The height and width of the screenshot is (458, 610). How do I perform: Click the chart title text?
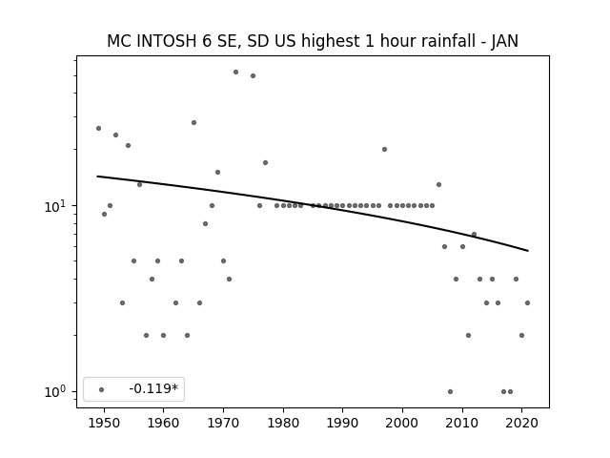click(x=313, y=41)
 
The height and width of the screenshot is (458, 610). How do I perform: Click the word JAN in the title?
click(x=504, y=41)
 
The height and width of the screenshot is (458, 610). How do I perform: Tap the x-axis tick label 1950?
click(x=104, y=423)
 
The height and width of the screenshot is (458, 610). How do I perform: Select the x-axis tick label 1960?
click(x=163, y=423)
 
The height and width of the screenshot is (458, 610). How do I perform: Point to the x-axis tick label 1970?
click(x=223, y=423)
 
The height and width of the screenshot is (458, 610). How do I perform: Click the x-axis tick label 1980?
click(x=283, y=423)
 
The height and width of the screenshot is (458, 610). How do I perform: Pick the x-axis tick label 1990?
click(x=343, y=423)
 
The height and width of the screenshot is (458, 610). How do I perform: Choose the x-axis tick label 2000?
click(x=402, y=423)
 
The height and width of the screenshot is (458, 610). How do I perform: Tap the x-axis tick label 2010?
click(x=462, y=423)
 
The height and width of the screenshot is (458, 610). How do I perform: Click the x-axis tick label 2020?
click(x=522, y=423)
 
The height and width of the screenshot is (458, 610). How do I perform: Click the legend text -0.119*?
click(x=153, y=388)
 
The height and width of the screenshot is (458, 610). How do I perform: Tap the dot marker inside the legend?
click(x=102, y=389)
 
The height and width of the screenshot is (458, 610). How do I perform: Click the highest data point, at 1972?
click(x=235, y=73)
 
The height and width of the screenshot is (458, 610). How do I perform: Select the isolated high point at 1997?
click(x=384, y=149)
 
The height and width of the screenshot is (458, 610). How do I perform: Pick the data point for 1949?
click(x=98, y=128)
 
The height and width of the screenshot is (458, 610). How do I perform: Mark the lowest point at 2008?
click(x=450, y=391)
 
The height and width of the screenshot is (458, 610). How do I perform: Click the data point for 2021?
click(x=527, y=302)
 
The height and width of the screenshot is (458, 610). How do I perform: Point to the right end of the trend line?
click(x=528, y=251)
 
